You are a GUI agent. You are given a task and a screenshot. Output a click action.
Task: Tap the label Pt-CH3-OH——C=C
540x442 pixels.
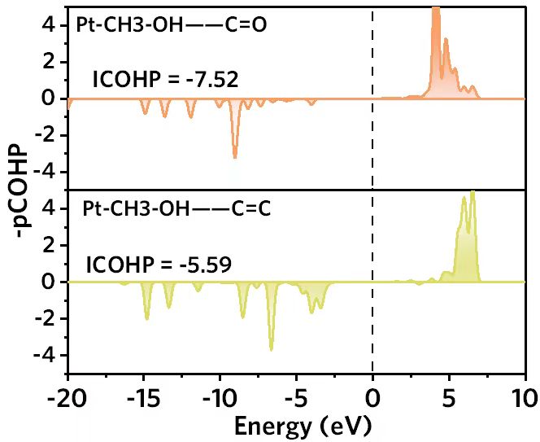(x=176, y=208)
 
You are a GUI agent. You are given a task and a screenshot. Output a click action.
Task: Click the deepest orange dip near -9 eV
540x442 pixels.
(x=235, y=156)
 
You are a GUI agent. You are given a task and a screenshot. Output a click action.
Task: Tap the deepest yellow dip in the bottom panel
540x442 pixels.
(x=271, y=349)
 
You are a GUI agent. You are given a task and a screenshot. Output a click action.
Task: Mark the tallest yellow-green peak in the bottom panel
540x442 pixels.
(x=472, y=194)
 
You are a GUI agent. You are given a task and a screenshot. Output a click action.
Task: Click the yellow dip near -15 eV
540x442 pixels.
(x=146, y=318)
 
